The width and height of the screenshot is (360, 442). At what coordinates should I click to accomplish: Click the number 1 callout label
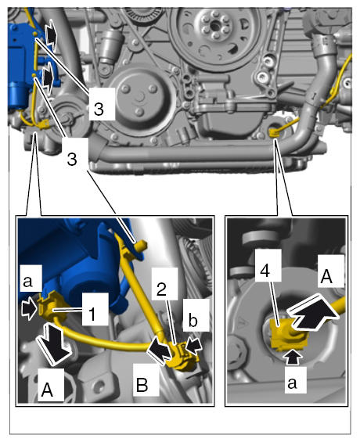click(92, 314)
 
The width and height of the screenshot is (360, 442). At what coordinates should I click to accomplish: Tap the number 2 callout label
click(161, 289)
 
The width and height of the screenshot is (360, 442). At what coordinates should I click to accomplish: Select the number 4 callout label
click(265, 271)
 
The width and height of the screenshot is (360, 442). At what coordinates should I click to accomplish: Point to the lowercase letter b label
click(193, 320)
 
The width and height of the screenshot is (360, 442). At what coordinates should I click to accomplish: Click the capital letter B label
click(142, 385)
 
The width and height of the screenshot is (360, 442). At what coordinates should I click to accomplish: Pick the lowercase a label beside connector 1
click(27, 281)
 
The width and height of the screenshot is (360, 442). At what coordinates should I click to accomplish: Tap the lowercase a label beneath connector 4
click(292, 383)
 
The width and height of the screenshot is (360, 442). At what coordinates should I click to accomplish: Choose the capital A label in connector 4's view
click(326, 276)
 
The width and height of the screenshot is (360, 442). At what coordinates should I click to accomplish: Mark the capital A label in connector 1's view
click(47, 390)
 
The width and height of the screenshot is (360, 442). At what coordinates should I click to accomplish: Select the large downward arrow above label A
click(56, 344)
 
